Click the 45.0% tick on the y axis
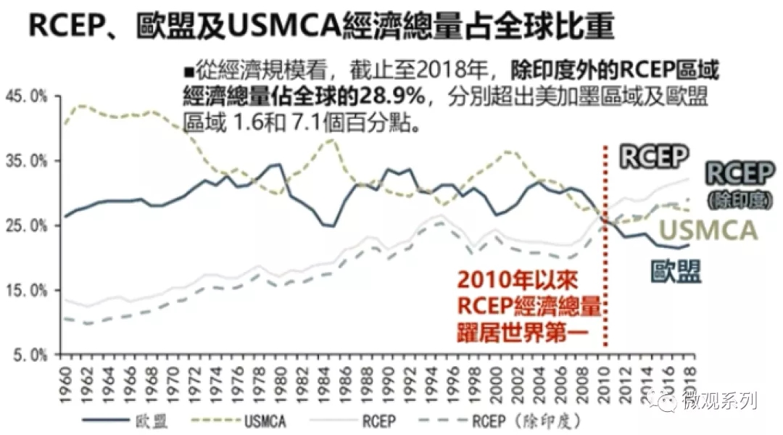click(28, 96)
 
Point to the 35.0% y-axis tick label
click(28, 161)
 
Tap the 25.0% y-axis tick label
click(28, 225)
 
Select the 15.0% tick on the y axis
click(28, 291)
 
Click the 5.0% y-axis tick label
click(30, 355)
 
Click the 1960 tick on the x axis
click(65, 378)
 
